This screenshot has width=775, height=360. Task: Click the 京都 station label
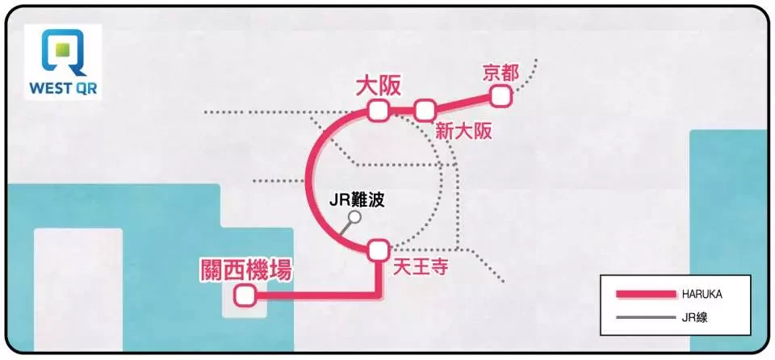pos(501,73)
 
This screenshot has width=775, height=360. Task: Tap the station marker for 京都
pos(501,96)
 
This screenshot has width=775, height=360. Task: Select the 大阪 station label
pos(379,86)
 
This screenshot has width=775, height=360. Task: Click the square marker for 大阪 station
pos(379,111)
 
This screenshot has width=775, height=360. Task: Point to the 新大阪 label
pos(463,132)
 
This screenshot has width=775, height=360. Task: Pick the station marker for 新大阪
pos(425,111)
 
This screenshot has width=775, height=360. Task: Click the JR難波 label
pos(356,200)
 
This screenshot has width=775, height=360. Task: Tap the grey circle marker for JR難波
pos(354,216)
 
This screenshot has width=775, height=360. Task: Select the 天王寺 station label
pos(420,267)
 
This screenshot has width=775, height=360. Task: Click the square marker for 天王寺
pos(379,249)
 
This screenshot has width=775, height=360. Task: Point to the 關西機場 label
pos(245,270)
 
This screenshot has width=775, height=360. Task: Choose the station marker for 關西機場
pos(245,296)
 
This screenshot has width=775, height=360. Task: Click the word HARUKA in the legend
pos(702,295)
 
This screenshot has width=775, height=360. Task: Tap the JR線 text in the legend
pos(694,317)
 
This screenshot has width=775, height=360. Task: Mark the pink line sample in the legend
pos(646,295)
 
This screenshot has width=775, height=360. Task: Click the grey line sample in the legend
pos(646,317)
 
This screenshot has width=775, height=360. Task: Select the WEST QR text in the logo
pos(63,89)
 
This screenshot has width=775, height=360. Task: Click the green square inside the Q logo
pos(62,50)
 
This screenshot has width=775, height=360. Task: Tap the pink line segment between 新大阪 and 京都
pos(463,103)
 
